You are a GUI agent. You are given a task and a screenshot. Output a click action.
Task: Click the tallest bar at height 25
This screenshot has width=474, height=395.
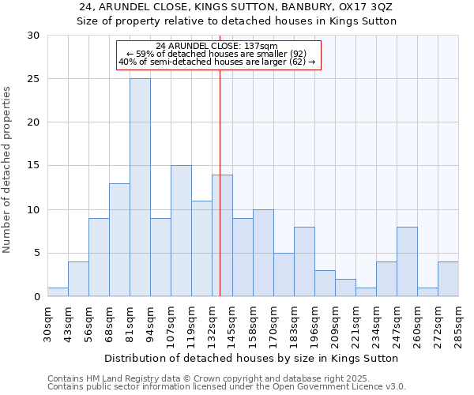(x=140, y=187)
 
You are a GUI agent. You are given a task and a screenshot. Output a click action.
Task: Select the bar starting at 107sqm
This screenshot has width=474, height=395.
(x=181, y=231)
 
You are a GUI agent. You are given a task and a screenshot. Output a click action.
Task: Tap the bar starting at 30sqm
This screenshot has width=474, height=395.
(x=58, y=292)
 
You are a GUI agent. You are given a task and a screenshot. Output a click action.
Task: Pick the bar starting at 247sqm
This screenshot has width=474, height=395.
(x=407, y=261)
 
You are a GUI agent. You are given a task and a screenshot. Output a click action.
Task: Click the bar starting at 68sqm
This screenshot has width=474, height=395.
(x=119, y=239)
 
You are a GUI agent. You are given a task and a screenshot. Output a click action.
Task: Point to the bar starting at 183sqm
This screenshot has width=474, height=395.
(x=304, y=261)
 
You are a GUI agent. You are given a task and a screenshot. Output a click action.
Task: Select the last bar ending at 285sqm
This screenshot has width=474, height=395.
(x=448, y=279)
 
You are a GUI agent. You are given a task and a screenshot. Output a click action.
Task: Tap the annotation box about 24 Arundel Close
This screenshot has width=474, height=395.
(x=219, y=55)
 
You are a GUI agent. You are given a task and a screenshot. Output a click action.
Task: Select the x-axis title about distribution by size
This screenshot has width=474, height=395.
(x=251, y=358)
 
